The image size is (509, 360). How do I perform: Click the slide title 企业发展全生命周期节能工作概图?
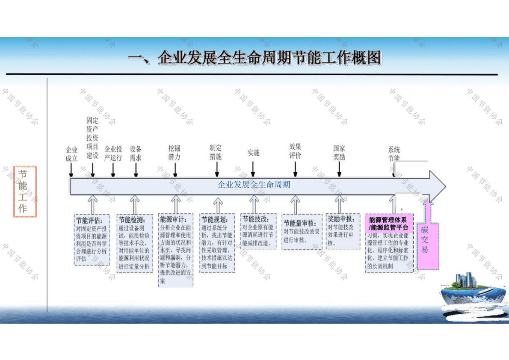(255, 58)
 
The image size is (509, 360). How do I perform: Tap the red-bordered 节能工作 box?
(25, 192)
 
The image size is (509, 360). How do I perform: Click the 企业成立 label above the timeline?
(71, 154)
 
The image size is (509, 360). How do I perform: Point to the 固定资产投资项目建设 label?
(92, 138)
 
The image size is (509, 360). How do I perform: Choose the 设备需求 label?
(136, 153)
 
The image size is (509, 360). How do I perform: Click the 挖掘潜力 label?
(174, 153)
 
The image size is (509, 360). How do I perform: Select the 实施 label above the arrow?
(253, 153)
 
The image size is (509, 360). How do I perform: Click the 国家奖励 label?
(339, 152)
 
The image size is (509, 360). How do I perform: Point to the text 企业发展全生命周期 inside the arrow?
(254, 185)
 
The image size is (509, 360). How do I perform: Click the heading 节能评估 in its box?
(89, 221)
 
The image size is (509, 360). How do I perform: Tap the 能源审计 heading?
(173, 220)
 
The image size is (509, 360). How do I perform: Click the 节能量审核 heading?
(299, 223)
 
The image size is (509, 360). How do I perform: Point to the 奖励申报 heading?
(341, 219)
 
